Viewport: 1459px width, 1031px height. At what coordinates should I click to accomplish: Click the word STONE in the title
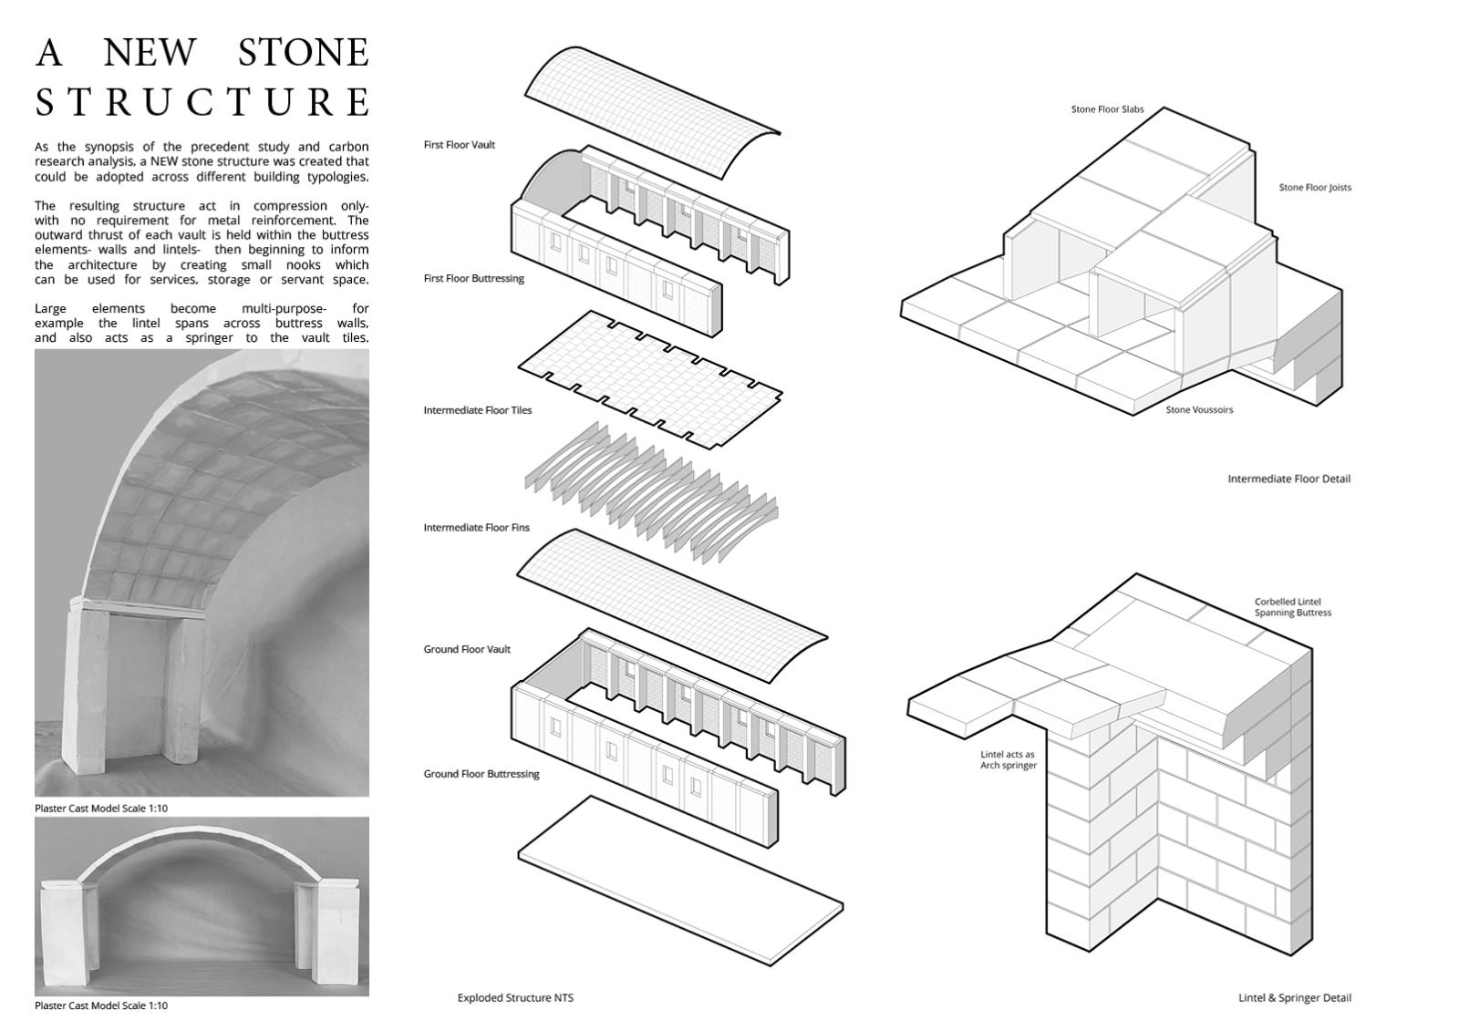point(303,52)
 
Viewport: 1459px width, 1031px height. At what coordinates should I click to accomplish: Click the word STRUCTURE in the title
point(202,101)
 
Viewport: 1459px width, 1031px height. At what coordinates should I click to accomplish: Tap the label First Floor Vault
point(460,145)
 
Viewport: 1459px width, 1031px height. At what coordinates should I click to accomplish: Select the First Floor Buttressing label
point(473,278)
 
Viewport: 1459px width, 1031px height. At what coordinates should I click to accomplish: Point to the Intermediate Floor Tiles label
point(478,409)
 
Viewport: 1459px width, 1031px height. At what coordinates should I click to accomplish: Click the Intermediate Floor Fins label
point(476,527)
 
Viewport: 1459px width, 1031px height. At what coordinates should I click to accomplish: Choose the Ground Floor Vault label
point(467,649)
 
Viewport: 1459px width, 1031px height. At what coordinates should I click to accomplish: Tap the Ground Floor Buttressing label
point(481,774)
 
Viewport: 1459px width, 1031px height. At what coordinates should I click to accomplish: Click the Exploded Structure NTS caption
point(515,997)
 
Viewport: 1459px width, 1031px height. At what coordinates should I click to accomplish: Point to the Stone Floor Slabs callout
point(1107,109)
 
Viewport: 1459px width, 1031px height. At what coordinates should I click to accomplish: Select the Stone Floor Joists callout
point(1315,187)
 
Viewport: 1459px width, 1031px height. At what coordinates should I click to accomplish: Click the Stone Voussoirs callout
point(1199,409)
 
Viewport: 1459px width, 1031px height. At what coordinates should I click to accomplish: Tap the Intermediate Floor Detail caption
point(1289,479)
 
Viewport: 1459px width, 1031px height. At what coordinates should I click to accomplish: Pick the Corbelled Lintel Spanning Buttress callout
point(1293,607)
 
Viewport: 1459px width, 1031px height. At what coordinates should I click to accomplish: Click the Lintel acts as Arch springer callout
point(1009,759)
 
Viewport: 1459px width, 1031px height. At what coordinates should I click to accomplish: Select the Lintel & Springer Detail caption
point(1295,997)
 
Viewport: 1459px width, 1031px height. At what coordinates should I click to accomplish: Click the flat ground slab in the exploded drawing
point(680,880)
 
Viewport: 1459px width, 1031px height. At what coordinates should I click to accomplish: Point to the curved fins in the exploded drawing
point(651,491)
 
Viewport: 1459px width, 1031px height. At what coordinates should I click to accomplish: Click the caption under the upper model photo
point(101,808)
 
